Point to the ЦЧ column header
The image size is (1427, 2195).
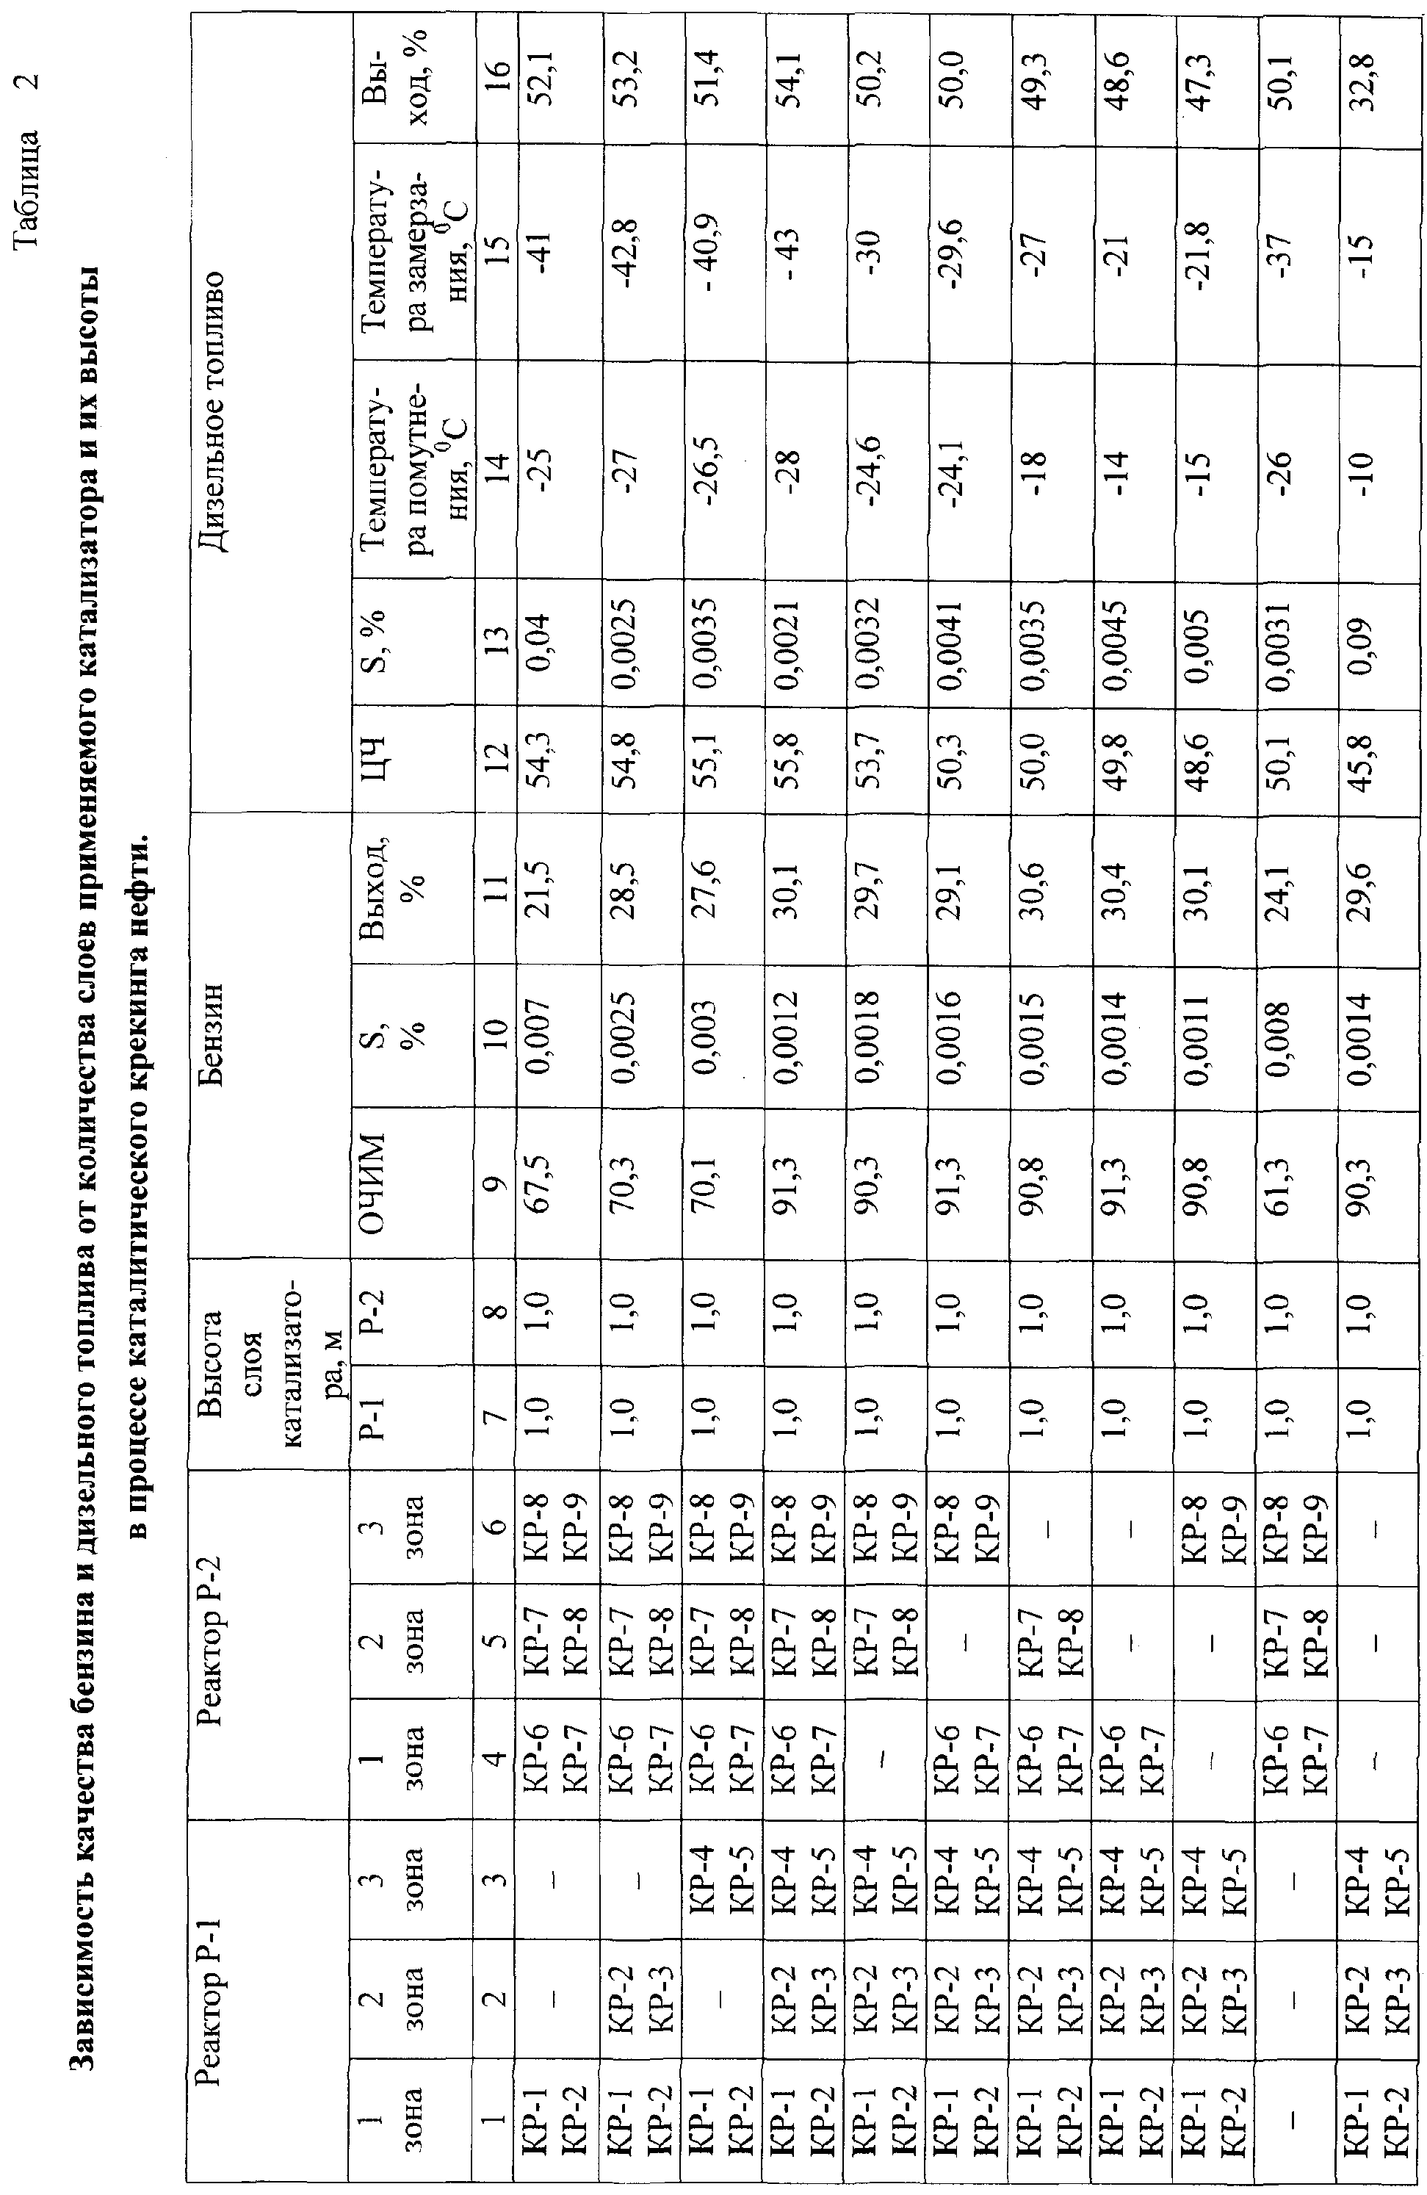[387, 763]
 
